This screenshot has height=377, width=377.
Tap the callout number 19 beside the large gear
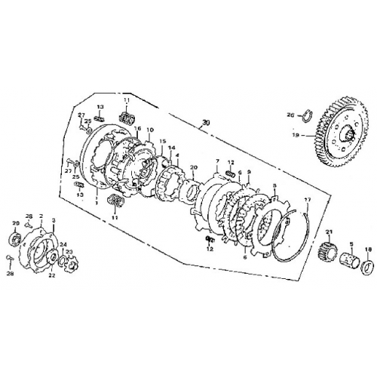(x=317, y=135)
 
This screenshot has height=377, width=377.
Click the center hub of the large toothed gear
(x=351, y=136)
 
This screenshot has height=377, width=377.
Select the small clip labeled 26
(x=307, y=115)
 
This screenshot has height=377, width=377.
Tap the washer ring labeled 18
(x=368, y=266)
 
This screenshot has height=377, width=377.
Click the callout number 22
(x=53, y=276)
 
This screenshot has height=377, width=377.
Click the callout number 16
(x=138, y=129)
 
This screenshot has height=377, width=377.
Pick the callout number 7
(x=216, y=161)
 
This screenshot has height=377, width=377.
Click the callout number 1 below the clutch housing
(x=97, y=201)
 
